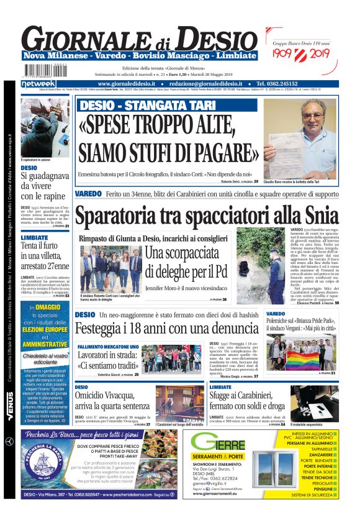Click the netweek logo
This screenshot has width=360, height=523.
(x=38, y=83)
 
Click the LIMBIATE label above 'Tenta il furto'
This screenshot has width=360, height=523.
(x=34, y=237)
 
